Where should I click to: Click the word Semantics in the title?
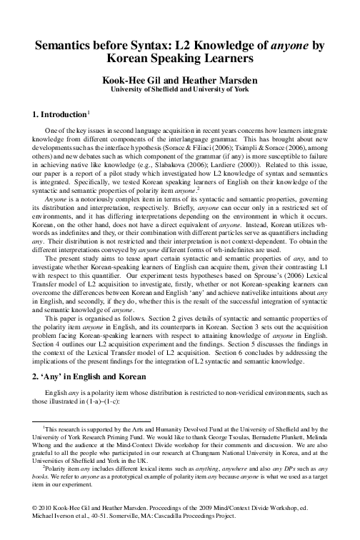[68, 46]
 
